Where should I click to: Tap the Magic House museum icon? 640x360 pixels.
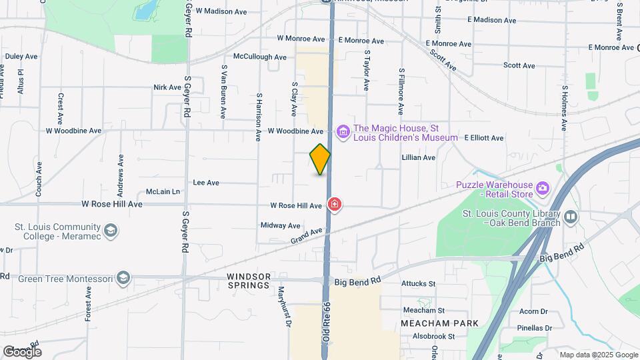343,131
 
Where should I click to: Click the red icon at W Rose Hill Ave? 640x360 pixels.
335,204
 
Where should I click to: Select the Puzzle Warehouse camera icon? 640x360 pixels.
543,189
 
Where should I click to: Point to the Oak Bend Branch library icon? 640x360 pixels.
570,217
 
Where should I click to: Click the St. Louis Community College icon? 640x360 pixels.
111,231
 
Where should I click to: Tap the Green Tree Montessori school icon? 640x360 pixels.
123,278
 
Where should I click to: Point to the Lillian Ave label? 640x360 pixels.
418,157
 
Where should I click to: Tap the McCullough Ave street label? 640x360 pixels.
259,57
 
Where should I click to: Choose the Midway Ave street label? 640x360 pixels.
281,225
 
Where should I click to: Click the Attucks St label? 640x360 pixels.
418,284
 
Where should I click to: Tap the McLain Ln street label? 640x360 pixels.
163,191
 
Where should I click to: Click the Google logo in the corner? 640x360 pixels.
22,352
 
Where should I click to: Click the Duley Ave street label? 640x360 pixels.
21,57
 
